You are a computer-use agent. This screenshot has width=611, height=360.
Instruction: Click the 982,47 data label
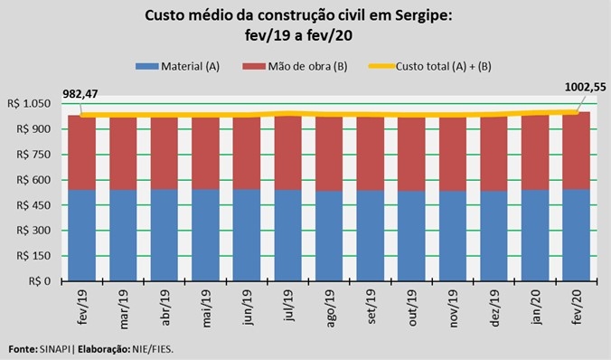pos(80,93)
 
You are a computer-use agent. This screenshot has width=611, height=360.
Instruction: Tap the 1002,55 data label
pos(586,87)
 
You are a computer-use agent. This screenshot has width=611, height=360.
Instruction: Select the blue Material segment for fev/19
pos(82,235)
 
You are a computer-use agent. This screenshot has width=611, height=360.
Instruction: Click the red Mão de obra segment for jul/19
pos(287,153)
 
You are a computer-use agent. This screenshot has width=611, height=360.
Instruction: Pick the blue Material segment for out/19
pos(411,236)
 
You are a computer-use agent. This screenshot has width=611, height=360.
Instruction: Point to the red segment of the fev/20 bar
pos(576,150)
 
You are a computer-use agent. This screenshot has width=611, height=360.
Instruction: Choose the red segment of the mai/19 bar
pos(205,154)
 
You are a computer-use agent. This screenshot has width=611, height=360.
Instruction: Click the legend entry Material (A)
pos(178,66)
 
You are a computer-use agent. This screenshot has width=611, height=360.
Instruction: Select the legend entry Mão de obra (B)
pos(295,66)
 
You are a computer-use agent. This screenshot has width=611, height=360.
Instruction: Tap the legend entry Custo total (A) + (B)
pos(430,66)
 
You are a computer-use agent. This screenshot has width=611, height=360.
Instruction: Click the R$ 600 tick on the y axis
pos(33,180)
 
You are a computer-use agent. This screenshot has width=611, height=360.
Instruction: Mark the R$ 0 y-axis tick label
pos(40,281)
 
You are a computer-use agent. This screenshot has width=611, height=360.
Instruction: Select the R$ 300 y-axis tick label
pos(33,231)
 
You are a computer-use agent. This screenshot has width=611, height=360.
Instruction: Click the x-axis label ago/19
pos(330,308)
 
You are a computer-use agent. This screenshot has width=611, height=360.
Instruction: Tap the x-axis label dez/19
pos(494,308)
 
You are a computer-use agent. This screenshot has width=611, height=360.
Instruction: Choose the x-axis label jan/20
pos(536,307)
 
